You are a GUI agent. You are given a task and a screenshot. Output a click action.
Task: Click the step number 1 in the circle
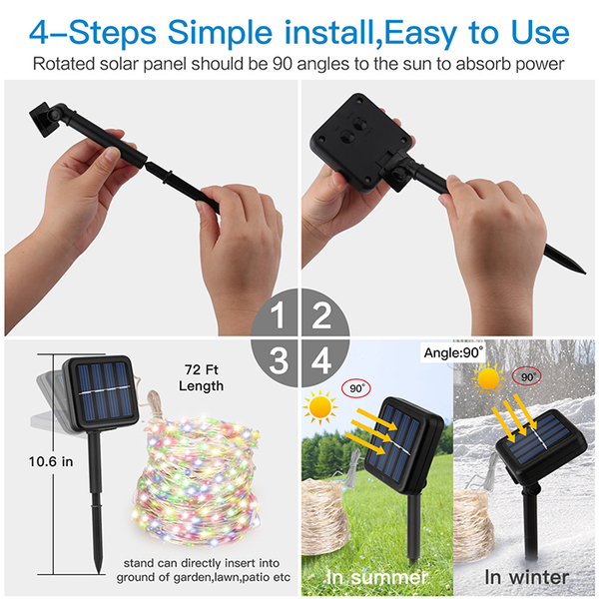point(278,315)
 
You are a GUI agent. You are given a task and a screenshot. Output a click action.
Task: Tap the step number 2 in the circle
point(321,315)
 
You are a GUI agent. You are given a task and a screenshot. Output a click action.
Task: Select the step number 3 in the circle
point(279,360)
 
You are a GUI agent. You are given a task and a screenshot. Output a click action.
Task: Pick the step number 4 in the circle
point(321,360)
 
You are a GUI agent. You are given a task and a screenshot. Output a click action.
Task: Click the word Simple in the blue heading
point(220,34)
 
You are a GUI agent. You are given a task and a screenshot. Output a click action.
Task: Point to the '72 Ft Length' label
point(202,377)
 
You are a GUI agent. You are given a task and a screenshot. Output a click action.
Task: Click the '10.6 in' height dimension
point(51,462)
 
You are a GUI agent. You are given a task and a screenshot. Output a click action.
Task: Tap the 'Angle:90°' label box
point(453,352)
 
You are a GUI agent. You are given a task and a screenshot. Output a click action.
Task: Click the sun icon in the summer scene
point(320,407)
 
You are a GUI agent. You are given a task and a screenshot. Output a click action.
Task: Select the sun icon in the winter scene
point(488,379)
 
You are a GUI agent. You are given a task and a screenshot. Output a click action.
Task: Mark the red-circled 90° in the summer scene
point(356,388)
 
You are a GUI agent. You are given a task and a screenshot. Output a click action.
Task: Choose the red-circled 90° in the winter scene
point(527,377)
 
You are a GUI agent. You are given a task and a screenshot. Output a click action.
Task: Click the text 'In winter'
point(527,577)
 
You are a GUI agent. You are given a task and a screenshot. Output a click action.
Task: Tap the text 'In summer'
point(376,577)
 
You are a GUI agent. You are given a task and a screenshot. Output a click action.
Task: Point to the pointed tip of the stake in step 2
point(584,273)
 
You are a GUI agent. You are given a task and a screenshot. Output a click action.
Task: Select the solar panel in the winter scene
point(541,440)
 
